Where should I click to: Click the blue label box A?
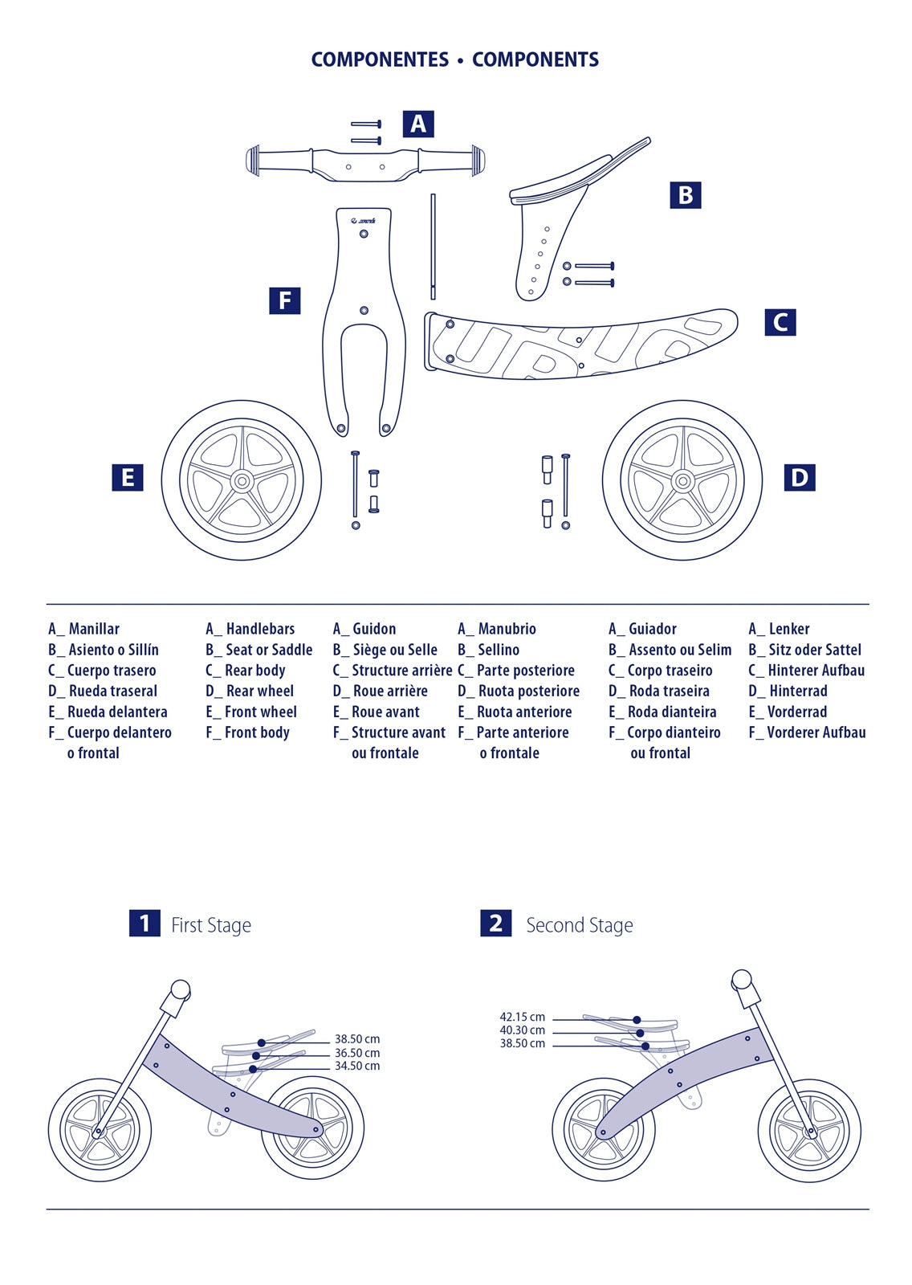point(417,124)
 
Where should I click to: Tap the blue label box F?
point(284,300)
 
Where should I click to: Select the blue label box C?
point(780,322)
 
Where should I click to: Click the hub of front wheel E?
point(242,481)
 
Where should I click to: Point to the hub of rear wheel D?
point(682,481)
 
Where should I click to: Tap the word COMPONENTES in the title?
point(380,59)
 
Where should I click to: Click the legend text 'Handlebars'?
point(260,629)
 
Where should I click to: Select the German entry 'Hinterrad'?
point(797,691)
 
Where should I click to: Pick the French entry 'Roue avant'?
point(385,712)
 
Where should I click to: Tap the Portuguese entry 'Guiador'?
point(652,629)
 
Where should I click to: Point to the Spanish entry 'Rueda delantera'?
point(117,712)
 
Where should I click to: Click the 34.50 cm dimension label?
point(357,1067)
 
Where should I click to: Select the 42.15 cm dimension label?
point(522,1017)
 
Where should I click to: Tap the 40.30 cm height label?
point(522,1030)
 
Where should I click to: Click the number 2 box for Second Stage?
point(495,924)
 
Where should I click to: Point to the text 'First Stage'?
point(210,925)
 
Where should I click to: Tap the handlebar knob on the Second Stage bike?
point(742,980)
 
